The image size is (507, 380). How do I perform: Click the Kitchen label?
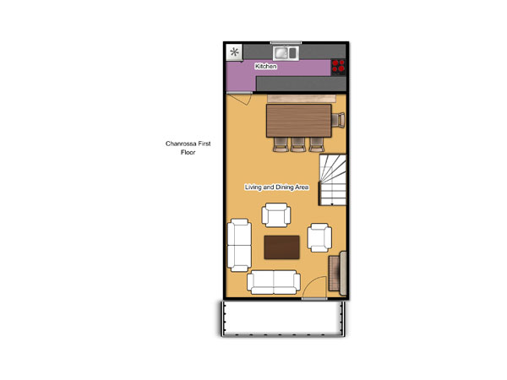pos(266,66)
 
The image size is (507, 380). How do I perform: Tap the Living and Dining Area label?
pos(276,187)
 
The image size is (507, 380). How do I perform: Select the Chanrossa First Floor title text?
pos(188,148)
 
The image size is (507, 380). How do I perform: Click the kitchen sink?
pos(285,53)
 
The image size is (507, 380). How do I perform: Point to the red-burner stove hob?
pos(338,66)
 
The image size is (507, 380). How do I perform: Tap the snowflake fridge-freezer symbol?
pos(234,52)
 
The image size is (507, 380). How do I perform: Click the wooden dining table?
pos(299,121)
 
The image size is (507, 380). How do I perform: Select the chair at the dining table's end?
pos(338,120)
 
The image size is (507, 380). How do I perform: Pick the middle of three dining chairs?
pos(297,144)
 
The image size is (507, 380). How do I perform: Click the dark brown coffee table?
pos(281,247)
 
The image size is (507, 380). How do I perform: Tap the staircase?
pos(333,180)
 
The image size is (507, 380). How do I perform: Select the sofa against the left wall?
pos(239,245)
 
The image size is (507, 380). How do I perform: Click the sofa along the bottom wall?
pos(274,282)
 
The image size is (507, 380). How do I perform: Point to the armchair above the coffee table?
pos(275,214)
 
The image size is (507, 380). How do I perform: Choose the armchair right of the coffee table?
pos(319,237)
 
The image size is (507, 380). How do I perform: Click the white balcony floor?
pos(282,318)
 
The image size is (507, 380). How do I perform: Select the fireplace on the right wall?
pos(337,274)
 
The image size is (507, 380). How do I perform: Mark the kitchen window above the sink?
pos(286,42)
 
